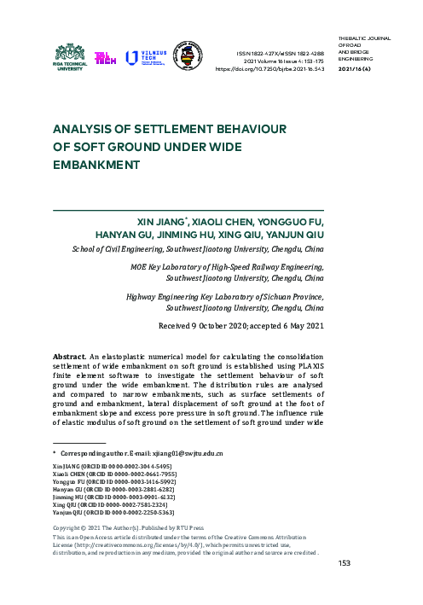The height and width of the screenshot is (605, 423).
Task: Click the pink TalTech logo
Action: point(106,58)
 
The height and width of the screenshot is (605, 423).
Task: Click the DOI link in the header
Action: point(277,69)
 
